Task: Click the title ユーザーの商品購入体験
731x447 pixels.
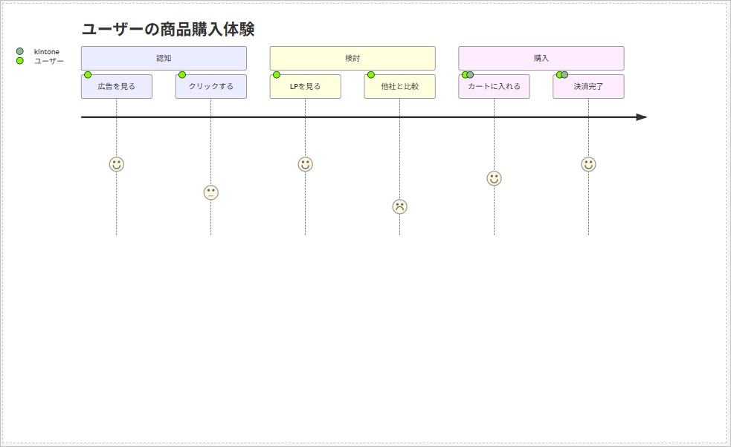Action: [167, 30]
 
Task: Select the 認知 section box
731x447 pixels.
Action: [164, 58]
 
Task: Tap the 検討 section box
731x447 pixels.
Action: [352, 58]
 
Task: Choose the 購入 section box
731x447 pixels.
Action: [541, 58]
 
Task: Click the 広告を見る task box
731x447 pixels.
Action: [117, 87]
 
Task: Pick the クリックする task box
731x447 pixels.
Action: [211, 87]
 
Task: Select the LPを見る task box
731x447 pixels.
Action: [305, 87]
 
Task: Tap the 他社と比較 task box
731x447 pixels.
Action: [399, 87]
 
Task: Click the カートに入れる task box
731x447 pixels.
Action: [494, 87]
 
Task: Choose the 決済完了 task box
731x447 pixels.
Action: [588, 87]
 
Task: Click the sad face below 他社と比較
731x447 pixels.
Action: [400, 206]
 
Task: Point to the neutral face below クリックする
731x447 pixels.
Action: [211, 192]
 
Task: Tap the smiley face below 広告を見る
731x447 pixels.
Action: [117, 164]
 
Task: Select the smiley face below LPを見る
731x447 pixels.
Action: [305, 164]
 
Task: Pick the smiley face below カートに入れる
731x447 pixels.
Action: [494, 178]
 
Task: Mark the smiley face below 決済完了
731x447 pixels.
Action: [588, 164]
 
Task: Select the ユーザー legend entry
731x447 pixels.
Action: [48, 61]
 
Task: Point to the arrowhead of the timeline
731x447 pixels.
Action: [642, 117]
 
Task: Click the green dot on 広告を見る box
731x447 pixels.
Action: [88, 75]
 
